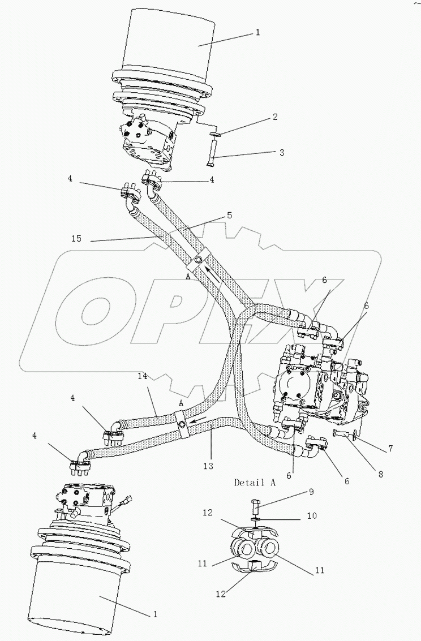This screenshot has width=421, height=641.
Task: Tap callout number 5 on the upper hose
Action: click(229, 215)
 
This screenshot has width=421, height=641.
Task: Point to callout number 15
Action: click(76, 239)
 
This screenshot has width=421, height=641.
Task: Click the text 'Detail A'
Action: click(255, 483)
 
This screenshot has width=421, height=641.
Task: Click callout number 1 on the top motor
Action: click(257, 32)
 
